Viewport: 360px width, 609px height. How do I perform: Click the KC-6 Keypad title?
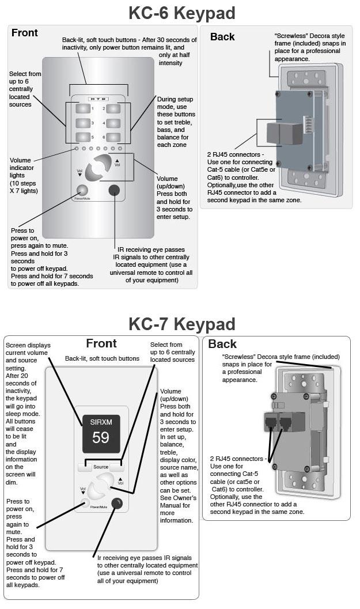pos(181,12)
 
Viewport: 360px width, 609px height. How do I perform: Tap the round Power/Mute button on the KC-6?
pos(82,191)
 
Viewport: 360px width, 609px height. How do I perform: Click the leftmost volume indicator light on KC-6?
pos(77,149)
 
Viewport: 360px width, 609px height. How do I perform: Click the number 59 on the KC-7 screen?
pos(101,437)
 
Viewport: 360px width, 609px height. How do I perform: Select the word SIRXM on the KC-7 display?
pos(101,422)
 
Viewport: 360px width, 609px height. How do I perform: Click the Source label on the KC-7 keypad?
pos(101,467)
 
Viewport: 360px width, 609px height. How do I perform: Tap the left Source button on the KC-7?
pos(85,466)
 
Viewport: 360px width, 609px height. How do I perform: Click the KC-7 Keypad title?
pos(181,323)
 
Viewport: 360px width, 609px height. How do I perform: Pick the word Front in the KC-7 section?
pos(101,343)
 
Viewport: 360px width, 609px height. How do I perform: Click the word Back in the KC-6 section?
pos(222,37)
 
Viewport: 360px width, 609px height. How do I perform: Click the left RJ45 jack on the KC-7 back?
pos(270,422)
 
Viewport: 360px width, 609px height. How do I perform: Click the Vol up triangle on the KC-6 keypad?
pos(117,161)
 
